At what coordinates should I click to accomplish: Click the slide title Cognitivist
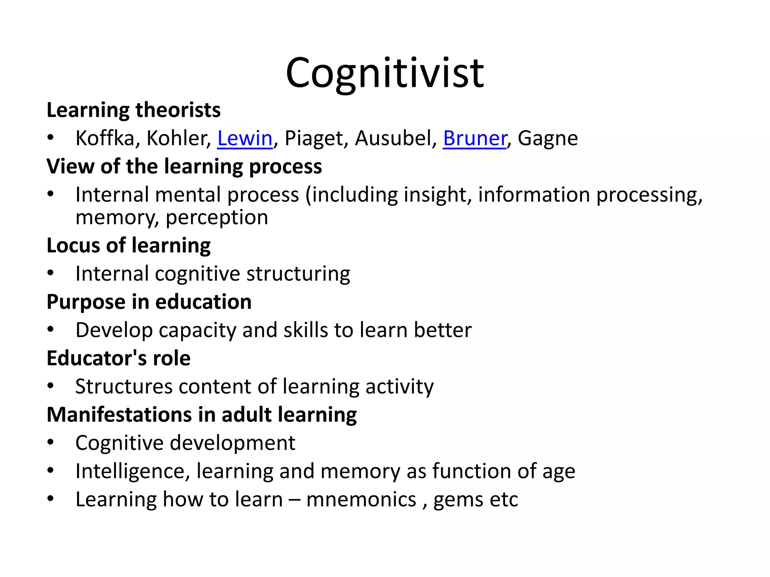pyautogui.click(x=385, y=73)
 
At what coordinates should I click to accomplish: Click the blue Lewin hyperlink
pyautogui.click(x=245, y=138)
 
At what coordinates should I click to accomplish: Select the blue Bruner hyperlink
pyautogui.click(x=475, y=138)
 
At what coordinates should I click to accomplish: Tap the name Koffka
pyautogui.click(x=105, y=138)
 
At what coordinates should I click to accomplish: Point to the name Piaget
pyautogui.click(x=314, y=138)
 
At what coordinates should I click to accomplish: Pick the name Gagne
pyautogui.click(x=548, y=138)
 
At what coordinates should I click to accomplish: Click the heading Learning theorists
pyautogui.click(x=133, y=110)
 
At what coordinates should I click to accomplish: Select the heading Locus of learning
pyautogui.click(x=129, y=246)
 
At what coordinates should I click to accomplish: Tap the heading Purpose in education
pyautogui.click(x=149, y=302)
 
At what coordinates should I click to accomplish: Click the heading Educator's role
pyautogui.click(x=118, y=358)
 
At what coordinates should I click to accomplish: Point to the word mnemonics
pyautogui.click(x=361, y=500)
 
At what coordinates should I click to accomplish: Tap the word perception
pyautogui.click(x=217, y=218)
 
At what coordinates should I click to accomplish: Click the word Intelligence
pyautogui.click(x=130, y=471)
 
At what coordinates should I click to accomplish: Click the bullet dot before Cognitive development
pyautogui.click(x=51, y=443)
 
